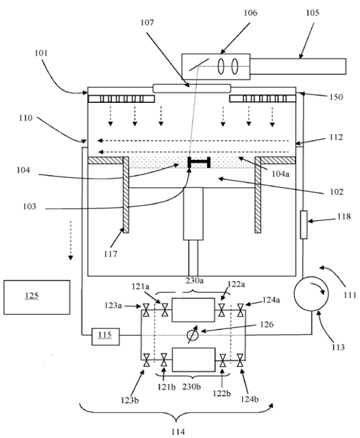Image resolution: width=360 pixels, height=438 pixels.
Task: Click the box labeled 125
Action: coord(37,297)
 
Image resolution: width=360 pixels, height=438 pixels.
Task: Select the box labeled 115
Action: coord(105,336)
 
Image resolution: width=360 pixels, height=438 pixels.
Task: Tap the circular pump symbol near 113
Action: coord(312,293)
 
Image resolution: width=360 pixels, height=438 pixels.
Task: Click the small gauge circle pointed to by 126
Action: coord(193,334)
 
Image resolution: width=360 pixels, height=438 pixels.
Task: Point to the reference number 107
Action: coord(147,23)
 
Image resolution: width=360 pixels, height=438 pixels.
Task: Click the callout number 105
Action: coord(312,13)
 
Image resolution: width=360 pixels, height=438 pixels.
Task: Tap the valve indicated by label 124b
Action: coord(240,360)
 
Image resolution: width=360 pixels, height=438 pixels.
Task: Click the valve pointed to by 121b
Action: coord(164,360)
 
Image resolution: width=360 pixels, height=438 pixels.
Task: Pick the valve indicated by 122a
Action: coord(221,310)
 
